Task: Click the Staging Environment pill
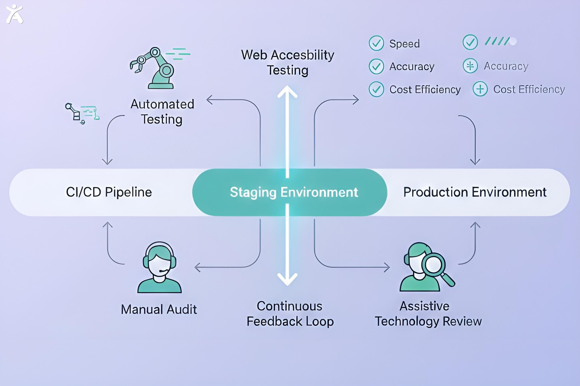pyautogui.click(x=289, y=192)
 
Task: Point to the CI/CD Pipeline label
pyautogui.click(x=109, y=192)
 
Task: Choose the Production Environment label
pyautogui.click(x=475, y=192)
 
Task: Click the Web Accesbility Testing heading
pyautogui.click(x=287, y=63)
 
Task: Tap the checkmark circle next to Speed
pyautogui.click(x=376, y=43)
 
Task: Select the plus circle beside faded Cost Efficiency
pyautogui.click(x=480, y=89)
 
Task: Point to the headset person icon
pyautogui.click(x=159, y=267)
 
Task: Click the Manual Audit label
pyautogui.click(x=159, y=309)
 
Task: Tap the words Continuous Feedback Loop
pyautogui.click(x=290, y=314)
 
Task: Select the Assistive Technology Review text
pyautogui.click(x=428, y=314)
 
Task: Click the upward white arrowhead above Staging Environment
pyautogui.click(x=287, y=91)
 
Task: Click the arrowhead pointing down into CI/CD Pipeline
pyautogui.click(x=107, y=162)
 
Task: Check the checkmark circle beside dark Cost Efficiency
pyautogui.click(x=376, y=89)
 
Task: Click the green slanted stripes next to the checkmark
pyautogui.click(x=497, y=41)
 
